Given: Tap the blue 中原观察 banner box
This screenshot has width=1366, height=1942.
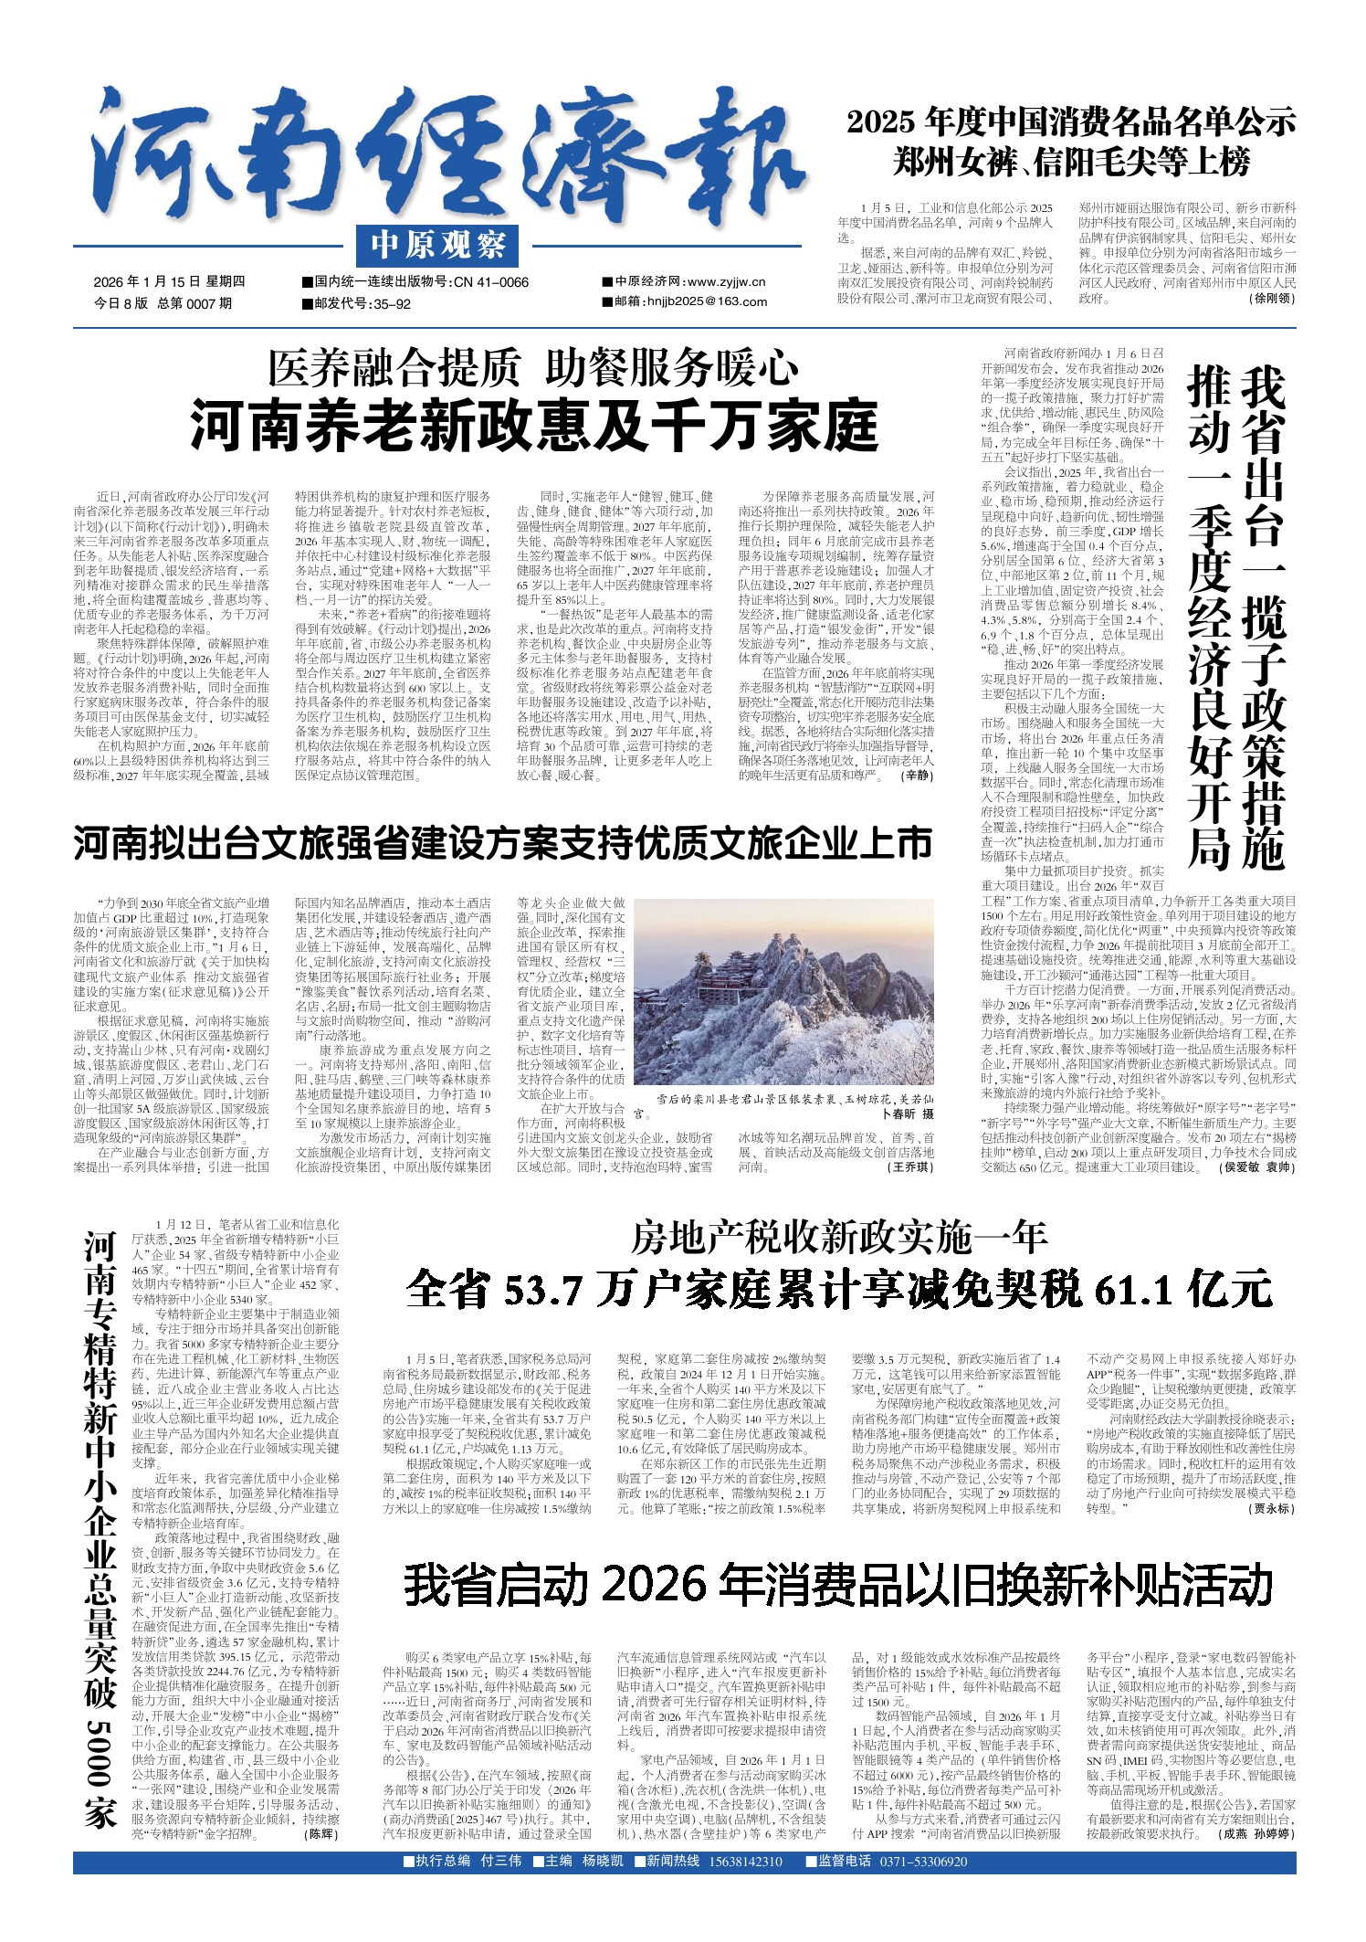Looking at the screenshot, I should click(438, 246).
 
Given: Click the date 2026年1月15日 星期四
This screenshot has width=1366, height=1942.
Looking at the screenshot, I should click(169, 281).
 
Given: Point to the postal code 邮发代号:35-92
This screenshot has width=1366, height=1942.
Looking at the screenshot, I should click(362, 303).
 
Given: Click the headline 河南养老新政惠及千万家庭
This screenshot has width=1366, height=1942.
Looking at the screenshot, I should click(533, 424).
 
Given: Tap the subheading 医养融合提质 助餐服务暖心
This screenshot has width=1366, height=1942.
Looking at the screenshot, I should click(533, 369).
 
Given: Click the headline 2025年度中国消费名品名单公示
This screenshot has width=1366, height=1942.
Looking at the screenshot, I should click(1070, 121).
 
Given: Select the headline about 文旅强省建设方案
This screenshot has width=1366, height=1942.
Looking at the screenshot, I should click(502, 843).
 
